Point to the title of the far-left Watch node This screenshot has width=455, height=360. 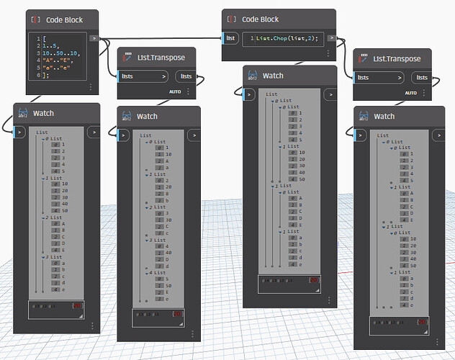[43, 113]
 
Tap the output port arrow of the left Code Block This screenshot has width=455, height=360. [94, 37]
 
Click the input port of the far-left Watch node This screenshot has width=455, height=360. [20, 132]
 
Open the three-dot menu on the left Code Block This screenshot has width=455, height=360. [91, 86]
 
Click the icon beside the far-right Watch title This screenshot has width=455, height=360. [362, 116]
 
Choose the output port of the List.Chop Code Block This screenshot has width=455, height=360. [330, 37]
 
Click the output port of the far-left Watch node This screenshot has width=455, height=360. [94, 132]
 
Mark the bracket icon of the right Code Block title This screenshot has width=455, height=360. [230, 19]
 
